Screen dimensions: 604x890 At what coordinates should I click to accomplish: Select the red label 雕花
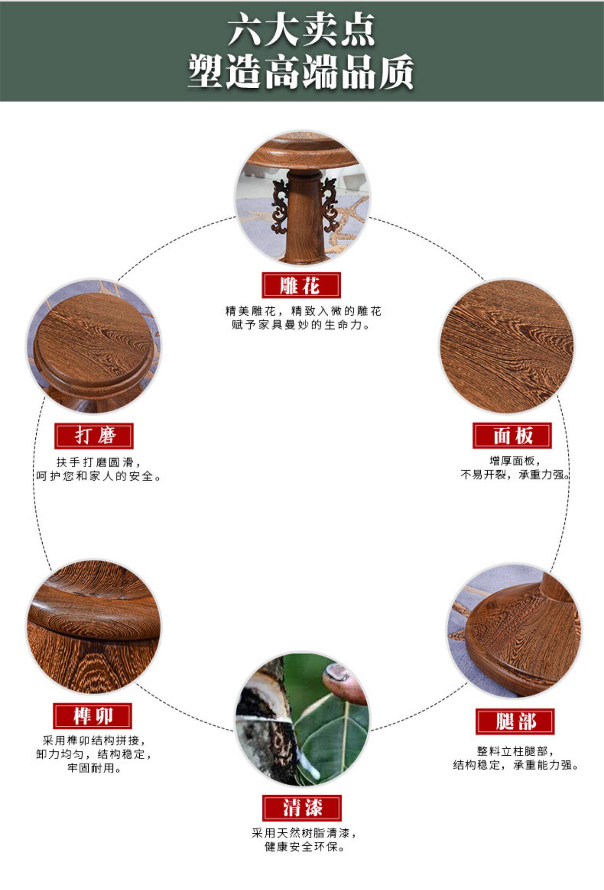click(x=301, y=285)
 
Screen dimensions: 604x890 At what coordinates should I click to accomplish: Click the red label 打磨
click(x=94, y=436)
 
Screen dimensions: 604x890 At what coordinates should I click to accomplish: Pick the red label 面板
click(x=512, y=436)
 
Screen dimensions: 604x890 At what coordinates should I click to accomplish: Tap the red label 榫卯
click(x=93, y=716)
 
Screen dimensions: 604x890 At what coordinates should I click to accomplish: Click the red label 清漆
click(x=302, y=808)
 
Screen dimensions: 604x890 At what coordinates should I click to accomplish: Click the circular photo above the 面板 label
click(x=507, y=346)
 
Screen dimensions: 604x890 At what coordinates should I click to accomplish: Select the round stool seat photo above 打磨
click(x=94, y=346)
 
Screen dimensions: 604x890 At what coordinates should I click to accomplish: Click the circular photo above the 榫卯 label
click(x=93, y=626)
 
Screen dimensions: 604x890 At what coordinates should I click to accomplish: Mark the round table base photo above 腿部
click(x=515, y=631)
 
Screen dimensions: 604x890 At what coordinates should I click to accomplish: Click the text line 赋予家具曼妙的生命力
click(x=301, y=325)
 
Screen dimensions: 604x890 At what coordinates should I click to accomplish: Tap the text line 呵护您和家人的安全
click(x=99, y=477)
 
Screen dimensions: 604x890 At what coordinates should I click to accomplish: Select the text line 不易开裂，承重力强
click(x=515, y=475)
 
